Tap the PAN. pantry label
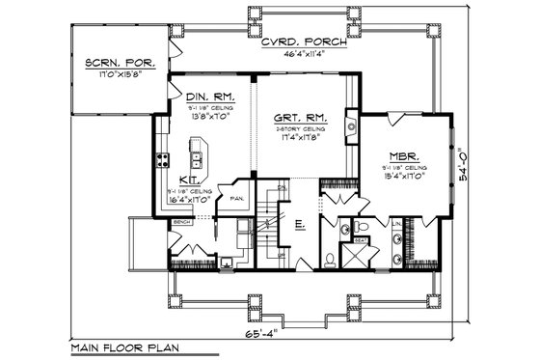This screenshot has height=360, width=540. [x=238, y=199]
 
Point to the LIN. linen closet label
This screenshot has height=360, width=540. [x=396, y=224]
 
